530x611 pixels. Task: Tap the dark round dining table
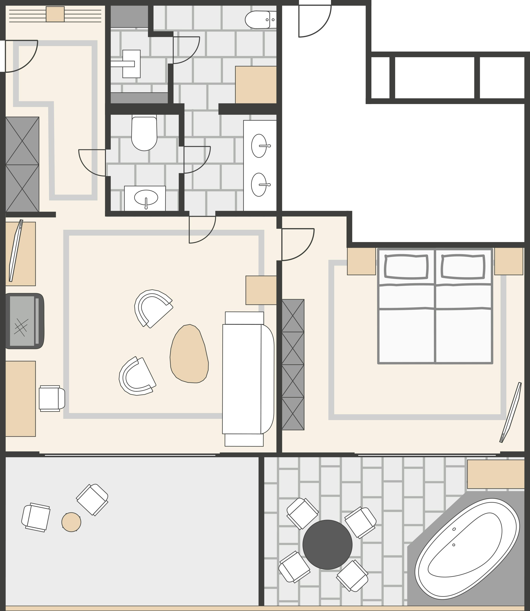click(327, 544)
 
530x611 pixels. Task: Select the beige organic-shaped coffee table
click(189, 354)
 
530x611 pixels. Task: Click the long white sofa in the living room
click(247, 379)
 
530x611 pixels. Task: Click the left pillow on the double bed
click(406, 267)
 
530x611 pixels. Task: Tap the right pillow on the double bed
click(463, 267)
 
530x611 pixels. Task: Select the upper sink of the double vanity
click(259, 146)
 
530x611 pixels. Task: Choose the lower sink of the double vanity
click(259, 185)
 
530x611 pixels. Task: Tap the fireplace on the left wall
click(24, 321)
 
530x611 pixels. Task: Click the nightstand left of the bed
click(361, 261)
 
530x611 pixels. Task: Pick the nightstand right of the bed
click(509, 261)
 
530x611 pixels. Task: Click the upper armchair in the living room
click(153, 308)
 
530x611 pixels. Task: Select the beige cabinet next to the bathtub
click(496, 474)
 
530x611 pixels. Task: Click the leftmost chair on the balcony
click(36, 517)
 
